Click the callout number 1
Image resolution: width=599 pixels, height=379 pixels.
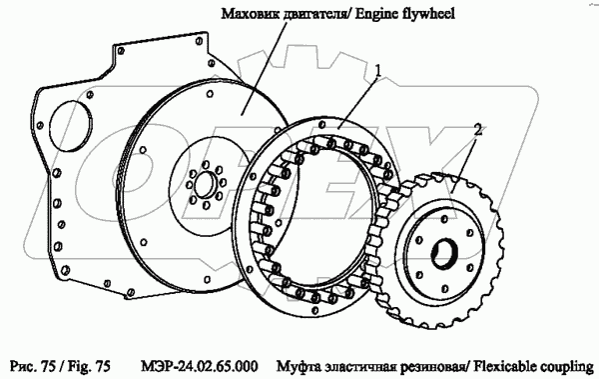(x=377, y=71)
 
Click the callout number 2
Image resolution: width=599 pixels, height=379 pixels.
(x=477, y=130)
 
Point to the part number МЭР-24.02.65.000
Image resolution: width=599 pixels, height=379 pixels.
(x=199, y=366)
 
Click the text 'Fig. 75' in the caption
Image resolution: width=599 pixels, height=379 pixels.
(x=89, y=366)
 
